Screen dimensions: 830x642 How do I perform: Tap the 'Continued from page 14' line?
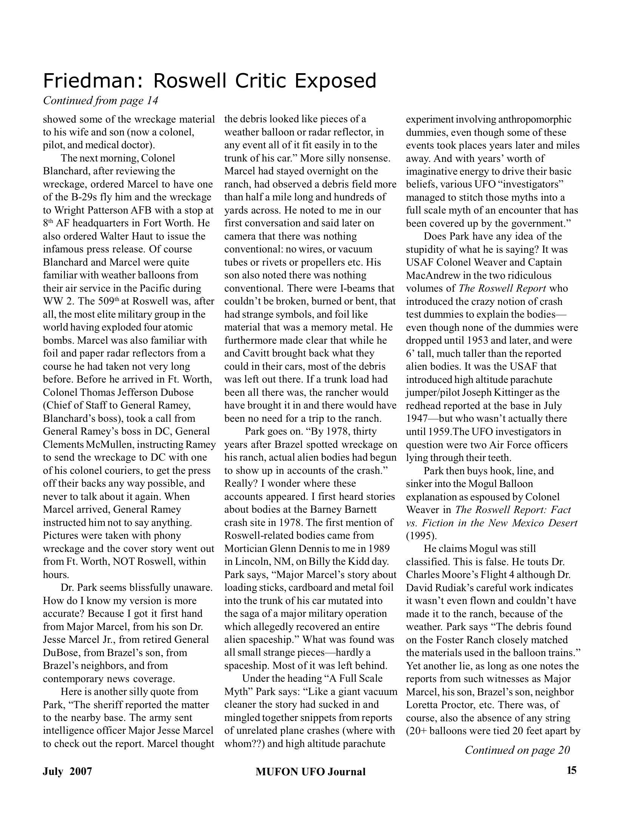point(100,101)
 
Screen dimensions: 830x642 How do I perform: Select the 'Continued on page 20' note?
point(517,750)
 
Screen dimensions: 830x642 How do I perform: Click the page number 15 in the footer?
point(571,770)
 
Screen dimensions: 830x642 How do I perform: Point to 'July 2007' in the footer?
point(67,771)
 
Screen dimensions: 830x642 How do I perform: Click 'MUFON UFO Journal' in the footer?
point(310,772)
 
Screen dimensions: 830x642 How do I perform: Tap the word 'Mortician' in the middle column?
point(246,549)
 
